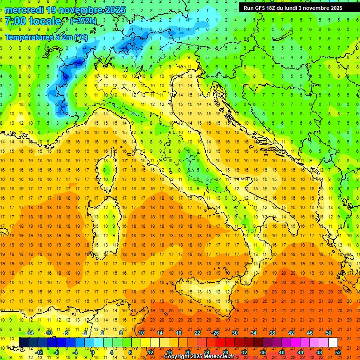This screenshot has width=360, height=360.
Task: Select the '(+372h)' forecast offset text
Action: coord(83,21)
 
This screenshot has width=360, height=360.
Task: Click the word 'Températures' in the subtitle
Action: coord(29,37)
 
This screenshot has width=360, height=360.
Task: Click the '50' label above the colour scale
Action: coord(328,333)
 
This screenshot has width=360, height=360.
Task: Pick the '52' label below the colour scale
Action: coord(338,352)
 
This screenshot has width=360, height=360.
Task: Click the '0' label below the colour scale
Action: coord(93,352)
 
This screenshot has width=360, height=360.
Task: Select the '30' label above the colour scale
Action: coord(234,333)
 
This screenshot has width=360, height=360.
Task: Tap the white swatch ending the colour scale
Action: coord(333,343)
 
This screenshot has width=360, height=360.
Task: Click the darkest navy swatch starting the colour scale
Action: coord(23,343)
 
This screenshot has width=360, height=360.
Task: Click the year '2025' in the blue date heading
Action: coord(105,10)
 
